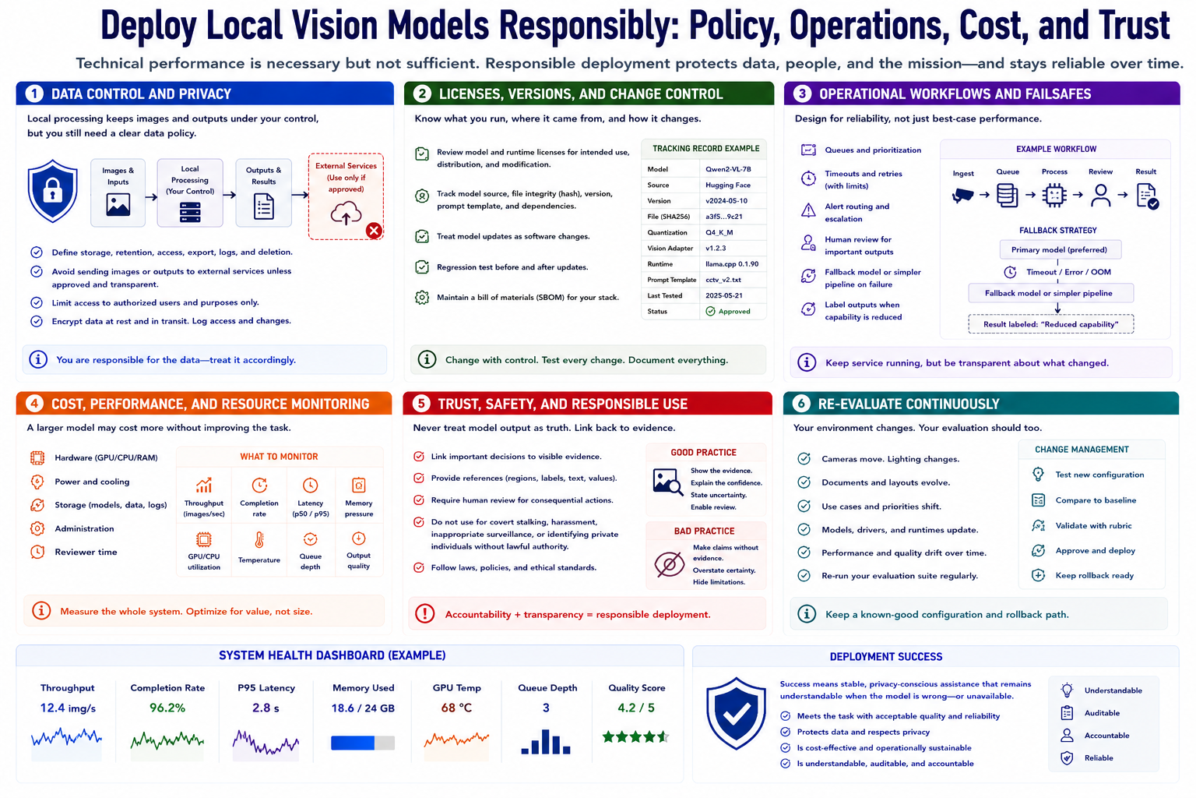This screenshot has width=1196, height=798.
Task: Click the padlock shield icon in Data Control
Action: [x=52, y=191]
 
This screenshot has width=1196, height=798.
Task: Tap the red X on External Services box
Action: [x=374, y=231]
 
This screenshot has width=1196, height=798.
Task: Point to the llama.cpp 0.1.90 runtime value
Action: [x=731, y=264]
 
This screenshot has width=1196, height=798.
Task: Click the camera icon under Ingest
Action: [x=962, y=195]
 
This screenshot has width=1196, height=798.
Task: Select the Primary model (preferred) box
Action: [x=1060, y=249]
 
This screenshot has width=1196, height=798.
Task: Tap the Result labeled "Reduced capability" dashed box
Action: [x=1050, y=324]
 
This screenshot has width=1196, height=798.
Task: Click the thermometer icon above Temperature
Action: [x=259, y=540]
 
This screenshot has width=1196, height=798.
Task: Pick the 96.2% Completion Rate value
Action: [x=167, y=708]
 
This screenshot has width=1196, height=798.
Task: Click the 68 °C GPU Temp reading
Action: [x=456, y=708]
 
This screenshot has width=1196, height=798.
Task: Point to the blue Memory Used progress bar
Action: [x=363, y=743]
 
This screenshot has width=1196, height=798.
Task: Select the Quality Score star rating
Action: [x=635, y=737]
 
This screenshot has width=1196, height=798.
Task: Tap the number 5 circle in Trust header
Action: [x=420, y=404]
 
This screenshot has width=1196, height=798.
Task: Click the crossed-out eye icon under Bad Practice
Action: [x=669, y=564]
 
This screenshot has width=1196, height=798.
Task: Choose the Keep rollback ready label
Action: [x=1094, y=575]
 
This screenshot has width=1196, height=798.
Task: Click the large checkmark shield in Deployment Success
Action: [x=736, y=714]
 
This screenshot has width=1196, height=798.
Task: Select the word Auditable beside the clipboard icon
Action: [x=1102, y=712]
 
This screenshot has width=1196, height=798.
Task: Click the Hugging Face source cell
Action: [x=728, y=185]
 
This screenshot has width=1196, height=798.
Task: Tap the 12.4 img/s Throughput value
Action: [x=68, y=708]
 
